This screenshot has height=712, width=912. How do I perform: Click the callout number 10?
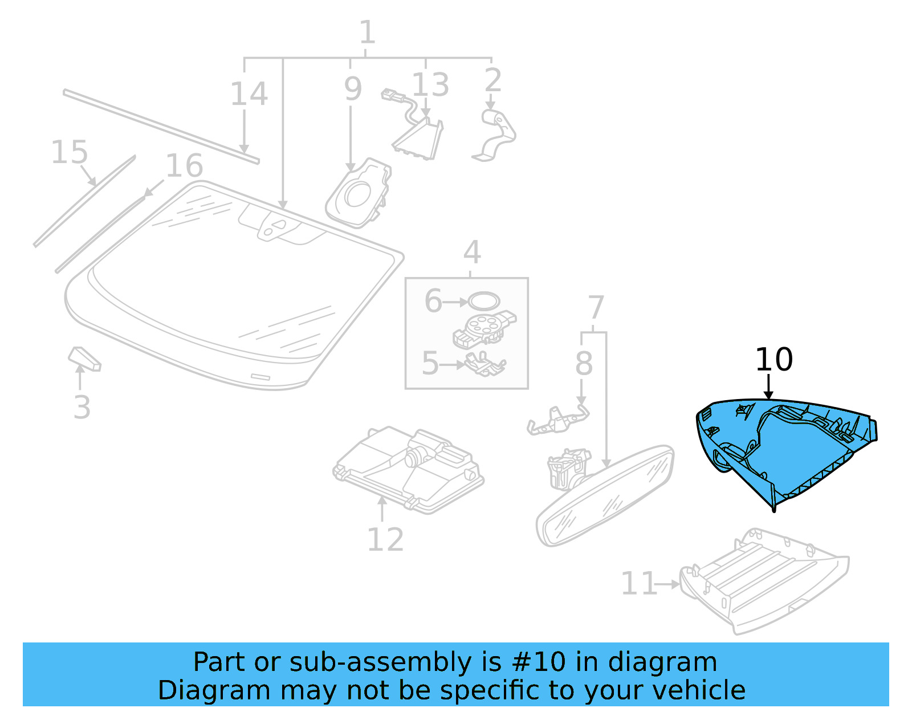pos(773,360)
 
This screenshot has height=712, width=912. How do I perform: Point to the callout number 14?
pos(249,94)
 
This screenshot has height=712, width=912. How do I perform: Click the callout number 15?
pos(70,153)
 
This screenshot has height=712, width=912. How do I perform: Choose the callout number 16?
pos(184,166)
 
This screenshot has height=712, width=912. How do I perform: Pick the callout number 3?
pos(82,407)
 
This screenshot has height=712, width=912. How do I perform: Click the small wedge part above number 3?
pos(84,359)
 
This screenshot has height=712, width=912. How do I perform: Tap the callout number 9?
pos(353,89)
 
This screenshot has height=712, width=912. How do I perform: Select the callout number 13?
pos(430,85)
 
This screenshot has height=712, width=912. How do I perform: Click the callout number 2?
pos(492,80)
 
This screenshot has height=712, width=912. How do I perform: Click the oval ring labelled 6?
pos(484,301)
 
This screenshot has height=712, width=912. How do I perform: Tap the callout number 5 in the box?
pos(430,363)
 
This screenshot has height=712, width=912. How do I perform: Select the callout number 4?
pos(472,252)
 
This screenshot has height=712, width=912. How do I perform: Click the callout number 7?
pos(596,308)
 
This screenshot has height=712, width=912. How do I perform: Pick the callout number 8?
pos(584,363)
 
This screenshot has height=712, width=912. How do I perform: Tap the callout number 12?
pos(385,539)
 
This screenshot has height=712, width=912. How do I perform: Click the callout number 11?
pos(638,584)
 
